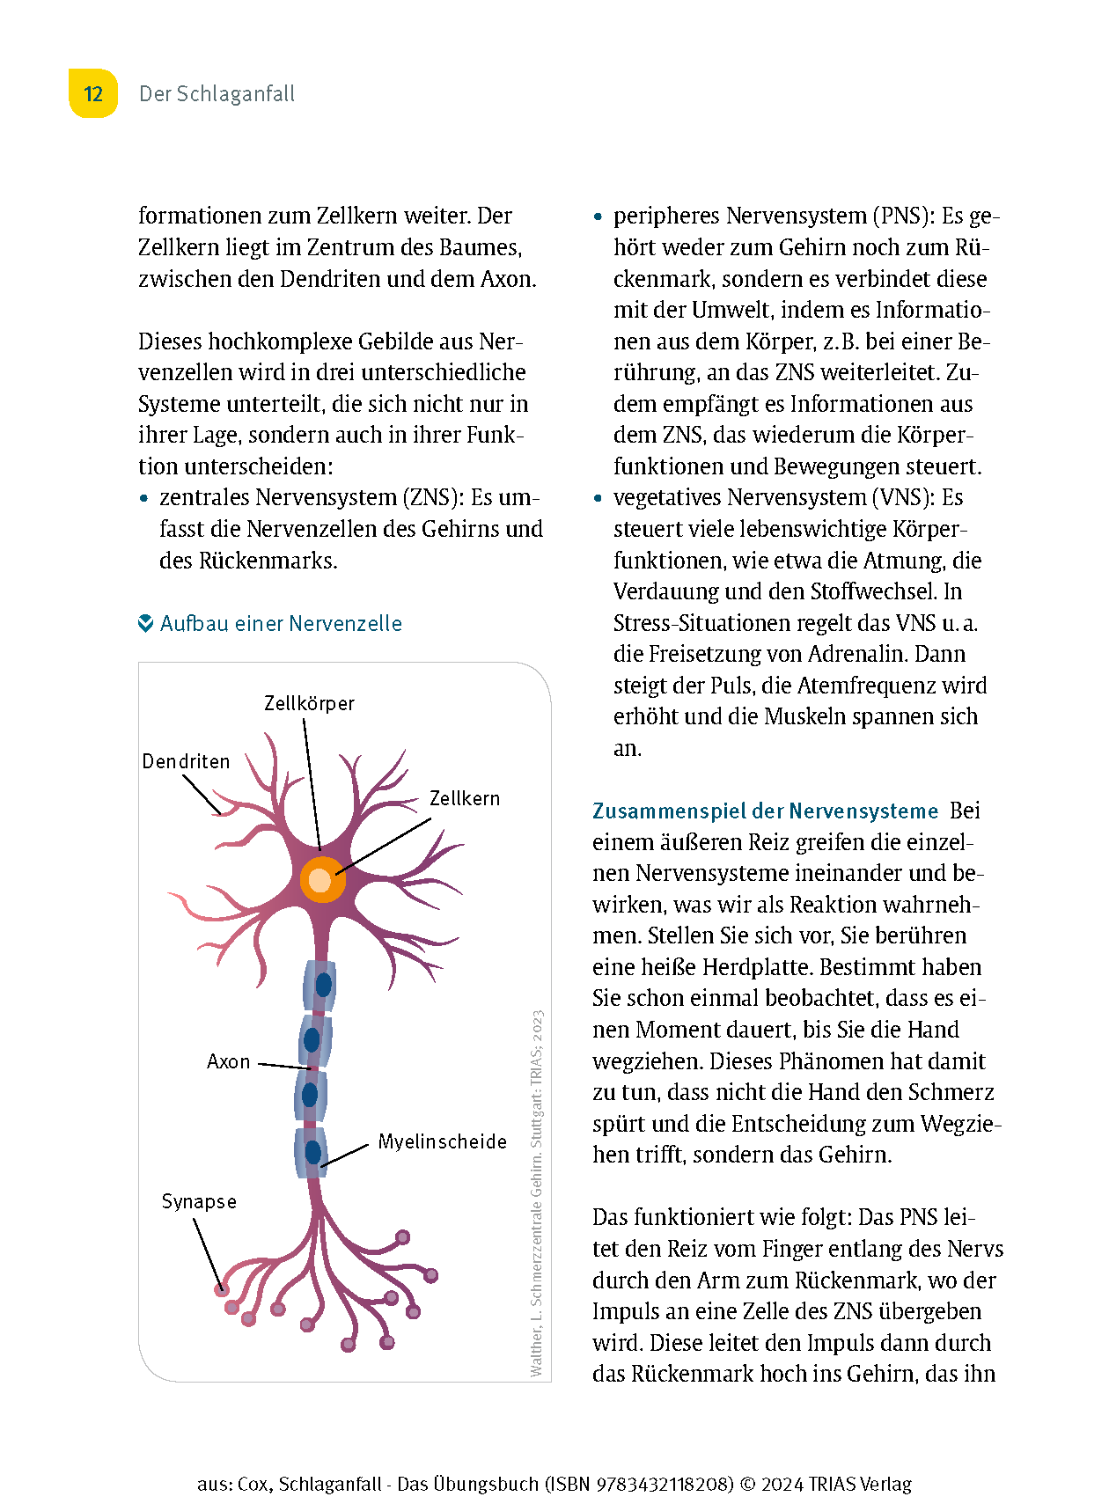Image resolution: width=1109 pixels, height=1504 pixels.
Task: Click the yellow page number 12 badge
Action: (93, 94)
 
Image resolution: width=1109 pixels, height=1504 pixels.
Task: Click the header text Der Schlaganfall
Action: (217, 94)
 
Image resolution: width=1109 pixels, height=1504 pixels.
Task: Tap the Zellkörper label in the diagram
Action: (309, 703)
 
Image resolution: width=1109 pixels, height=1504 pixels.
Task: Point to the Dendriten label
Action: (186, 761)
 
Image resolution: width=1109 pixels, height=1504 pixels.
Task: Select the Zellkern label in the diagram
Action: (465, 798)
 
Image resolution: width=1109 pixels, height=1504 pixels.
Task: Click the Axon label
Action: (229, 1061)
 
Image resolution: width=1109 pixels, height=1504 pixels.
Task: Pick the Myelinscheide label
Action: (443, 1141)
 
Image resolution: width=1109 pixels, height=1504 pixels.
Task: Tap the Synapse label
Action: (199, 1201)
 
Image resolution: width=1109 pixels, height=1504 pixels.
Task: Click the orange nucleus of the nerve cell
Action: (321, 879)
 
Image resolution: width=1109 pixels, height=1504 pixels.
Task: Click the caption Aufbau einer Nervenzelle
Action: (281, 624)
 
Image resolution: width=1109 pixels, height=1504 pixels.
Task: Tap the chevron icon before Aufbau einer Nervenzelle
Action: (146, 624)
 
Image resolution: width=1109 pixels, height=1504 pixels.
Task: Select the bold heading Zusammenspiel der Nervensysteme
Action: (765, 811)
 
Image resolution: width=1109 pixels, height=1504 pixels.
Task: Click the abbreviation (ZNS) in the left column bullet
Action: (433, 497)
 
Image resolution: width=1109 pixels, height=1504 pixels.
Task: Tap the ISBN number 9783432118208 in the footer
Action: (665, 1484)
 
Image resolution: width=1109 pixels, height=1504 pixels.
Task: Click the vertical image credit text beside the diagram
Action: (537, 1192)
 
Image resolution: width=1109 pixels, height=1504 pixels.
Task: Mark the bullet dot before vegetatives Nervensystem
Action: (598, 498)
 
